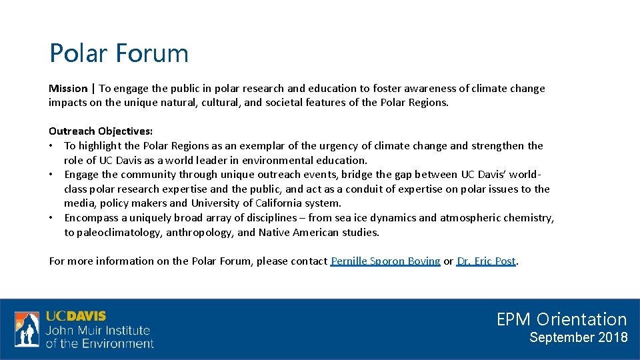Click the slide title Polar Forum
coord(119,53)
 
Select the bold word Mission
coord(68,88)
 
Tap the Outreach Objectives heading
coord(101,131)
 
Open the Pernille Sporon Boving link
coord(385,261)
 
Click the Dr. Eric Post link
coord(487,261)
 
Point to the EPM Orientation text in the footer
coord(561,319)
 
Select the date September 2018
coord(578,337)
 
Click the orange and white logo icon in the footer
coord(27,329)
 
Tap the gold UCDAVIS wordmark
coord(75,316)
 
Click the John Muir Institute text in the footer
coord(98,330)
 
